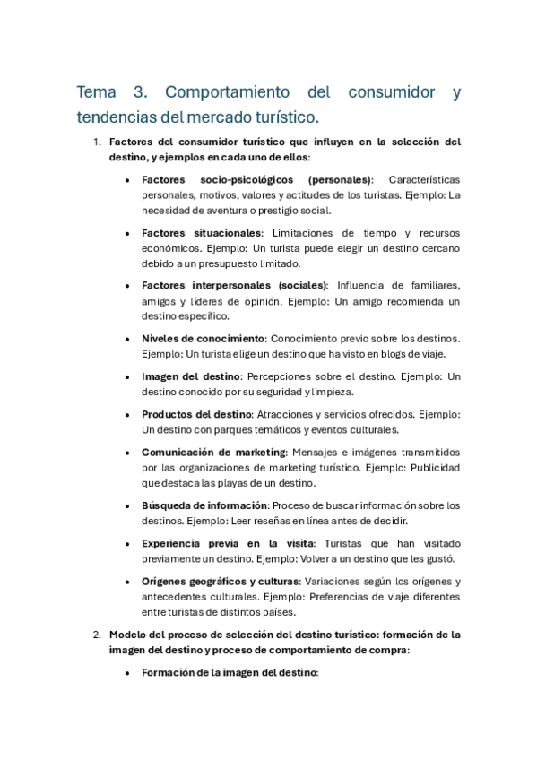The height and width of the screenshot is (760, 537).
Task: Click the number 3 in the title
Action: click(x=141, y=92)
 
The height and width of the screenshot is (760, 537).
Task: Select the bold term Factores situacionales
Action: click(x=202, y=232)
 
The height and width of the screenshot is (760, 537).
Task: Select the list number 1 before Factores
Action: click(x=97, y=142)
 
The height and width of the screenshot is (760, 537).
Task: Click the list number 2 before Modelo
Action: click(x=97, y=634)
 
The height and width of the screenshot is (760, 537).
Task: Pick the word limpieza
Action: click(x=331, y=392)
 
